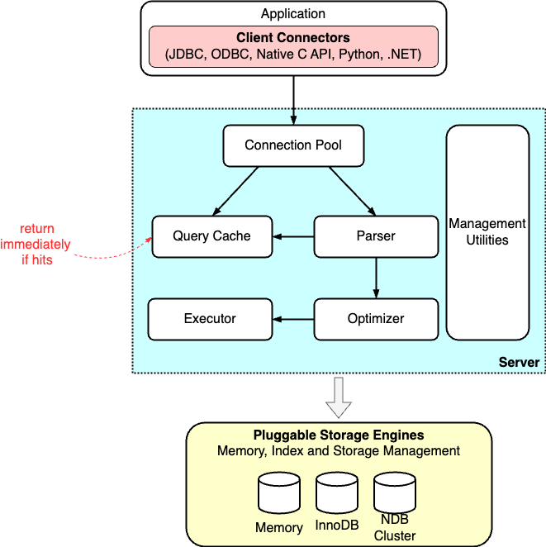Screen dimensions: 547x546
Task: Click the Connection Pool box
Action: point(293,145)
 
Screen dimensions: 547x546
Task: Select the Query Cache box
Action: point(211,236)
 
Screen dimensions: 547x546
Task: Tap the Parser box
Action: point(376,236)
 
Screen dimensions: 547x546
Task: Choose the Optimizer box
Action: point(376,319)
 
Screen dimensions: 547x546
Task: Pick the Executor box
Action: point(210,319)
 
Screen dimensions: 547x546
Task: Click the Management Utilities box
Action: point(487,232)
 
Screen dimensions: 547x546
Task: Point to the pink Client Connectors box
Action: point(293,47)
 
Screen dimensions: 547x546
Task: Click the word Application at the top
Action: point(293,14)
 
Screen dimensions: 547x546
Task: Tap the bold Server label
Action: point(519,363)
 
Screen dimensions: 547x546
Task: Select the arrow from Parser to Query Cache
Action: point(294,237)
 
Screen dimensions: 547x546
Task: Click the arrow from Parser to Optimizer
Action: point(376,278)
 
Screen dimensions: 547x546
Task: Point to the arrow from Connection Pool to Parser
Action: point(353,190)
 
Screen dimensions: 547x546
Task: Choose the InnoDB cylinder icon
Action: point(336,494)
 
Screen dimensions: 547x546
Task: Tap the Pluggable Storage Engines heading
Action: point(338,435)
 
